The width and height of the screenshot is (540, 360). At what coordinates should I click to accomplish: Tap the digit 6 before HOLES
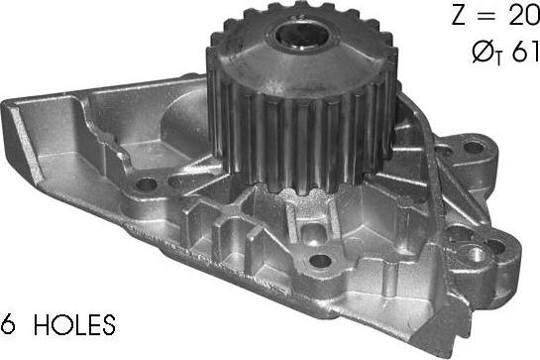[x=8, y=323]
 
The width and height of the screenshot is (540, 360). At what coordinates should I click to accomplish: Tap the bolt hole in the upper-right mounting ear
[x=475, y=148]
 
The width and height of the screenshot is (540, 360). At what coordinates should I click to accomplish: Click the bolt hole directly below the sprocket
[x=320, y=261]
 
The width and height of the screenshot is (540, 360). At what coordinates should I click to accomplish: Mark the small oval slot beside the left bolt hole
[x=175, y=181]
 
